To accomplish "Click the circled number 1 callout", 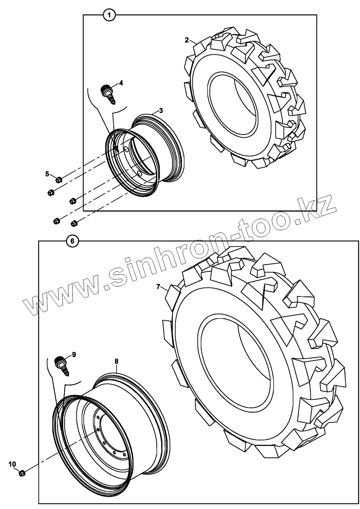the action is click(x=109, y=15).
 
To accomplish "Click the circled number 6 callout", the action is click(x=72, y=241).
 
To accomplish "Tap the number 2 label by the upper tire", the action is click(x=187, y=40).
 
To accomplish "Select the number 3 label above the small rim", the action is click(x=161, y=111).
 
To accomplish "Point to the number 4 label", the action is click(x=121, y=83).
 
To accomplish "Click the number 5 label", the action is click(x=47, y=174).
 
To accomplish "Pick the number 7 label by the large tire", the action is click(x=158, y=287).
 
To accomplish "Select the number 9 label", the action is click(x=74, y=354).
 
